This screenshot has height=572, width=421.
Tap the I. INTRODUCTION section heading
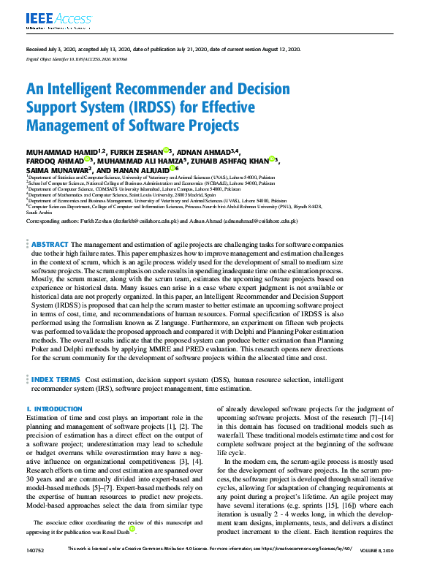click(x=54, y=409)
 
